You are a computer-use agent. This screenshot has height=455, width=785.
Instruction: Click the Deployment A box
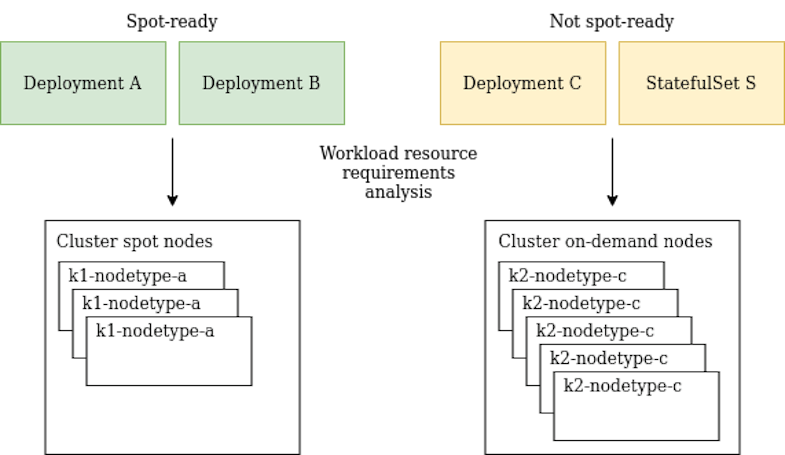click(83, 83)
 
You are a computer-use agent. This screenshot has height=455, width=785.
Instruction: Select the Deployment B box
click(262, 83)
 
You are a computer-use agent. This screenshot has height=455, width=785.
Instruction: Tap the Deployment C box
click(523, 83)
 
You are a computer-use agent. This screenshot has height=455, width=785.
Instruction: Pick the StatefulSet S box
click(701, 83)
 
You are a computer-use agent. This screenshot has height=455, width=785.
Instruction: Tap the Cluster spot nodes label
click(135, 241)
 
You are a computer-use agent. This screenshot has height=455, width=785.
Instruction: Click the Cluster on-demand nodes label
click(605, 241)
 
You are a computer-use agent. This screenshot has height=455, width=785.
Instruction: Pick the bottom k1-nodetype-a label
click(155, 331)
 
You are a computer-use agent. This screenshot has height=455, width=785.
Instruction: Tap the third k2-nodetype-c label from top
click(595, 331)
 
